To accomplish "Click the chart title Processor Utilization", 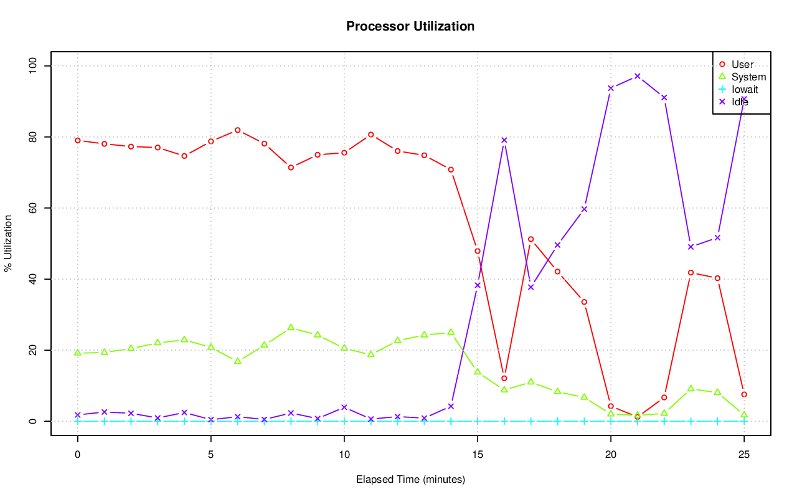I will [410, 27].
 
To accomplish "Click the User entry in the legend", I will [742, 64].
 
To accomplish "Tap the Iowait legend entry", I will [744, 89].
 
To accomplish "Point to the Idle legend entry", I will [740, 102].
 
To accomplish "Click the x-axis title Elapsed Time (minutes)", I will [410, 480].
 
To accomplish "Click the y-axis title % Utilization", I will [9, 244].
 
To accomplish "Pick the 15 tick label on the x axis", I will [478, 455].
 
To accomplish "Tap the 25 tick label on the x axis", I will [744, 455].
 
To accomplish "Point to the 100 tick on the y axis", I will [33, 66].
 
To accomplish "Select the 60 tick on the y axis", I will [33, 208].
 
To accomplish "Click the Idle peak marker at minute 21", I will [637, 76].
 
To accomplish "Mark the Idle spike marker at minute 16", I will [504, 140].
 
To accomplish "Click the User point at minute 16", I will [504, 378].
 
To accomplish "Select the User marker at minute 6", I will [237, 130].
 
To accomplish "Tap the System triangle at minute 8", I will [291, 327].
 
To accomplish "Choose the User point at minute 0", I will [78, 140].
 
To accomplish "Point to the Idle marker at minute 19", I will [584, 209].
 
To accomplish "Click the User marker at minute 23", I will [691, 272].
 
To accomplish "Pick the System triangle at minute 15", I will [478, 371].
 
